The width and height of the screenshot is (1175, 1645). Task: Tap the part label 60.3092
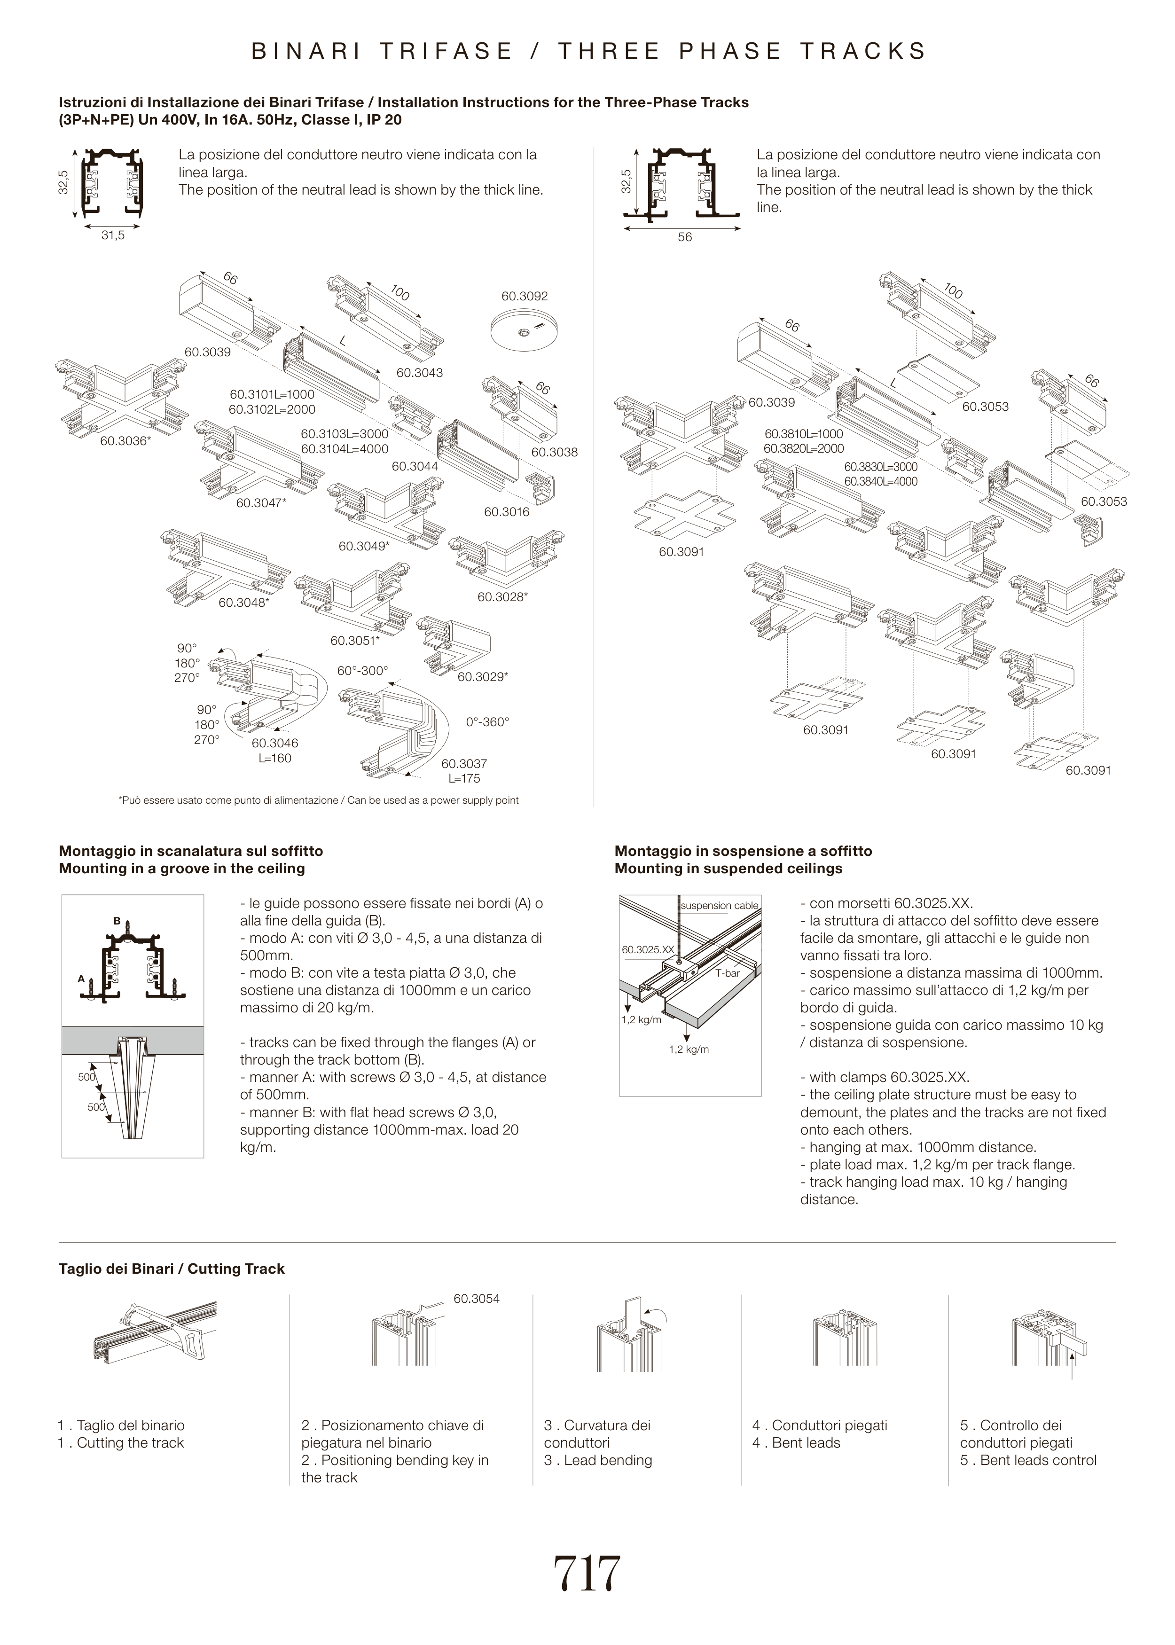tap(525, 296)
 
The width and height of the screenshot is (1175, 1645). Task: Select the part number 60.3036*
tap(125, 440)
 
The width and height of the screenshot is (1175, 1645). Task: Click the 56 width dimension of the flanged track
tap(684, 237)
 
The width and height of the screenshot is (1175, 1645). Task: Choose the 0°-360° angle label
tap(488, 722)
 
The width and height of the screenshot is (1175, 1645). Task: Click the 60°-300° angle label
tap(362, 671)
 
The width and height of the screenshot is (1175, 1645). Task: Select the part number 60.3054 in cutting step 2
tap(476, 1299)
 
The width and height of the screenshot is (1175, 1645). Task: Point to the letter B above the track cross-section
tap(117, 921)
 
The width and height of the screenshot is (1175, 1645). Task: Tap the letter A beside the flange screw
tap(82, 979)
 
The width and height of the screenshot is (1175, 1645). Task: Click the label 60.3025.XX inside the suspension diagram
tap(648, 949)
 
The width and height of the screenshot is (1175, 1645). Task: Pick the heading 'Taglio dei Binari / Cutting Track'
tap(172, 1269)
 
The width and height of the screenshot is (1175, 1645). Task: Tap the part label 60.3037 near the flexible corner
tap(464, 763)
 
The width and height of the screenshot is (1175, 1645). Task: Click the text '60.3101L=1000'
tap(272, 395)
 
